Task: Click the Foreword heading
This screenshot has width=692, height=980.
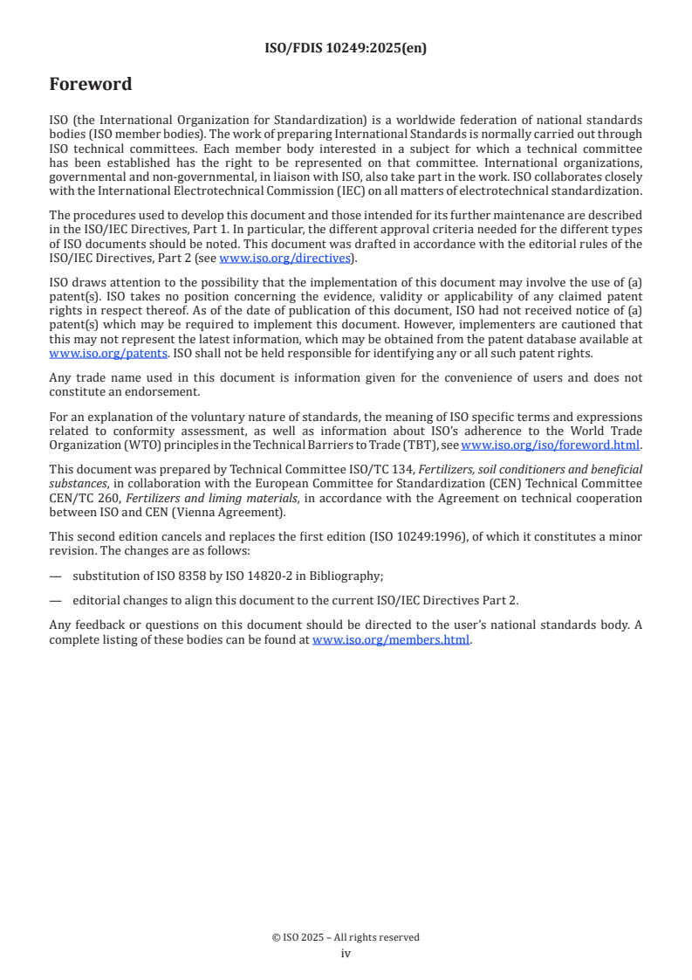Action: point(91,85)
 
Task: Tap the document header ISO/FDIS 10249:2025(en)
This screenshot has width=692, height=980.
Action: point(346,49)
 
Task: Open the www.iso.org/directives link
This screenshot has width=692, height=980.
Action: point(285,258)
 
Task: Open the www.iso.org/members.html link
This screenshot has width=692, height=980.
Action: point(391,640)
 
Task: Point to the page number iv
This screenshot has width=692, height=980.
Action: point(346,954)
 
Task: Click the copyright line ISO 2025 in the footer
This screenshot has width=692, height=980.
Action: point(346,937)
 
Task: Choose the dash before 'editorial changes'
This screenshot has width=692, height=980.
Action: point(56,599)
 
